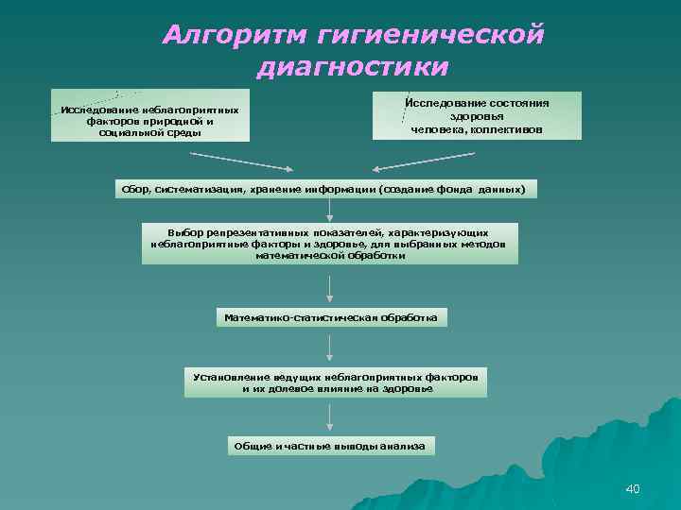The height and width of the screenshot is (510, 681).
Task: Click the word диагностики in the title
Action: pyautogui.click(x=352, y=68)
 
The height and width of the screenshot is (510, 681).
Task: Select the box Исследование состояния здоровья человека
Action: pyautogui.click(x=477, y=116)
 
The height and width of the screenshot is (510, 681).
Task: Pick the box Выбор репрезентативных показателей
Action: pyautogui.click(x=329, y=244)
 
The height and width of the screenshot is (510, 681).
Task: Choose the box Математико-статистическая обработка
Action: pyautogui.click(x=330, y=318)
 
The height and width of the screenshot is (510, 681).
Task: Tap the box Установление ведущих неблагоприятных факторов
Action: pyautogui.click(x=335, y=382)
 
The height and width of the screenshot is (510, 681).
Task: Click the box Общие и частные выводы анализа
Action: pyautogui.click(x=329, y=445)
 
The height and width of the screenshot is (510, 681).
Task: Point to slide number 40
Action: pyautogui.click(x=633, y=488)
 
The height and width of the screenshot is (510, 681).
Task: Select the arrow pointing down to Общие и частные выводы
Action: pyautogui.click(x=329, y=416)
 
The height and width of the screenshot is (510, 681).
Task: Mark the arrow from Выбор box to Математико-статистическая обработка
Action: pyautogui.click(x=329, y=287)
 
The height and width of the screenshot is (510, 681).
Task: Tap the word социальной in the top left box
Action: pyautogui.click(x=131, y=133)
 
